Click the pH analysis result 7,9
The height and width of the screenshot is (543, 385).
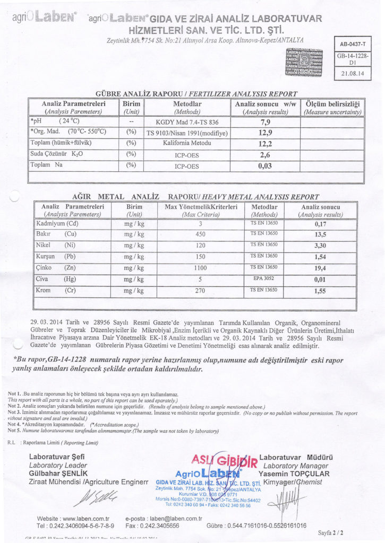tap(264, 121)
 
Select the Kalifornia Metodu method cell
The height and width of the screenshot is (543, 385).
tap(187, 143)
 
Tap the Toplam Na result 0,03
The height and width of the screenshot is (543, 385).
tap(264, 166)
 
